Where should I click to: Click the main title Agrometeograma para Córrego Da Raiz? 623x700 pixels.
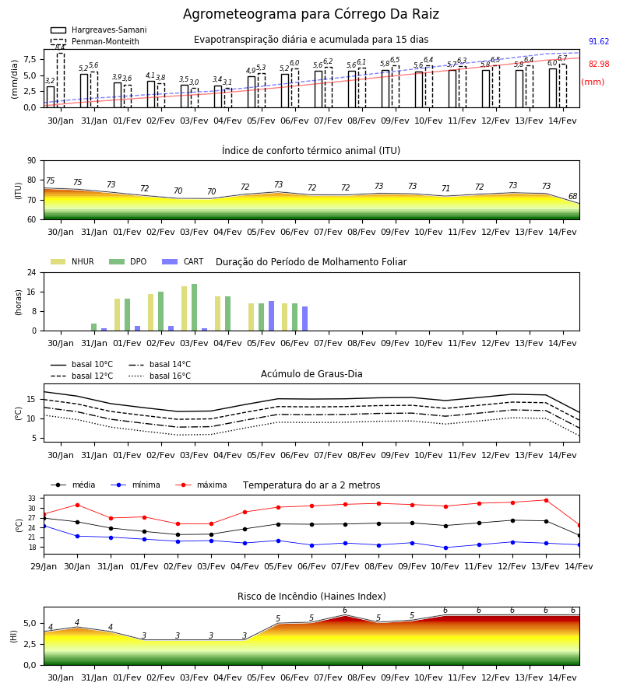311,14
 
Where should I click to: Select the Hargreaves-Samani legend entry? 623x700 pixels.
98,30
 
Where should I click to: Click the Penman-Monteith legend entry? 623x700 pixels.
95,41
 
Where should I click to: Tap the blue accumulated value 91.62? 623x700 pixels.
599,41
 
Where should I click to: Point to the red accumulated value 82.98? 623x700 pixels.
599,64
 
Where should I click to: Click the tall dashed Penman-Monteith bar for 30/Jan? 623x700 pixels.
61,80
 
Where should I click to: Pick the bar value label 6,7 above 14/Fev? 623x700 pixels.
562,58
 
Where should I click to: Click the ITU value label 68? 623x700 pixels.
572,196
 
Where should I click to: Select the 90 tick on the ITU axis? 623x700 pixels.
32,161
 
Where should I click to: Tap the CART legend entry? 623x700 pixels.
183,261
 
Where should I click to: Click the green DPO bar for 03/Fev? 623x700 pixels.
195,307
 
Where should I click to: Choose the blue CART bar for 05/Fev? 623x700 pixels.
271,316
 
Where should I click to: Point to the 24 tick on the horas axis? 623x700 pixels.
32,272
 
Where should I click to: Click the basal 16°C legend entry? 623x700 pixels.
160,376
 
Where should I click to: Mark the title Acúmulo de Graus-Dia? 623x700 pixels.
311,373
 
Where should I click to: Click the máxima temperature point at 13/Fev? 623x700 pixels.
546,500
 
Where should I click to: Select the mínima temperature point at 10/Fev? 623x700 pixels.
445,548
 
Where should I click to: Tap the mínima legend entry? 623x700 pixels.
136,485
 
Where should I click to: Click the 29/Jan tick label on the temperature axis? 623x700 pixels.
44,566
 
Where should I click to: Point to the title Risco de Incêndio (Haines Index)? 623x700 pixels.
311,597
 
